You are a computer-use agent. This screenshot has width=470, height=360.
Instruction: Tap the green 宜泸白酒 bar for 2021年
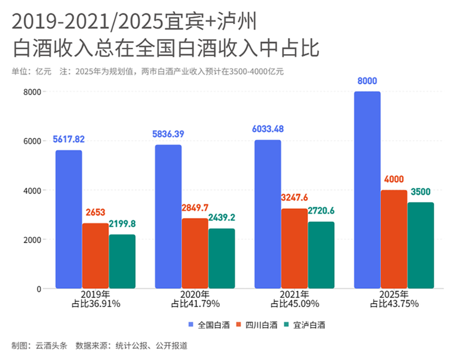pos(321,255)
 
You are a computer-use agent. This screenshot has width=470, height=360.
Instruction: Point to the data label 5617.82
pos(69,139)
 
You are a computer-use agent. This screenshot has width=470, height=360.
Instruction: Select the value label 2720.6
pos(321,210)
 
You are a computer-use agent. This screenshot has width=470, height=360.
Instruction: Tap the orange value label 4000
pos(394,179)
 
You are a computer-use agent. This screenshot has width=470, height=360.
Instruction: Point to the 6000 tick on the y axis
pos(32,141)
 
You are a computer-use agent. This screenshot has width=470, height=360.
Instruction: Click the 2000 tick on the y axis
pos(32,240)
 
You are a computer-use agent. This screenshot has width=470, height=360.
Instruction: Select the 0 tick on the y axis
pos(38,289)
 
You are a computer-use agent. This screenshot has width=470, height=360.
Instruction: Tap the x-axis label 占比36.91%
pos(96,304)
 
